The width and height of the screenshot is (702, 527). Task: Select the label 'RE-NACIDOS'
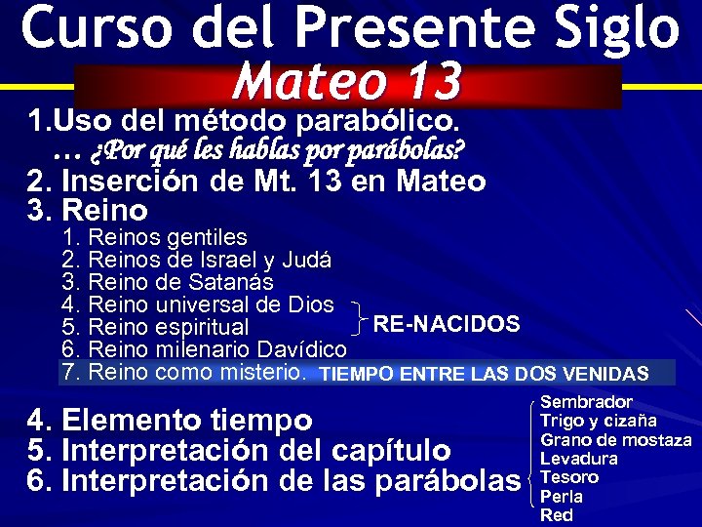tap(447, 323)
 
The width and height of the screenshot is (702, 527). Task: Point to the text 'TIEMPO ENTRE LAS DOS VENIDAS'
tap(485, 374)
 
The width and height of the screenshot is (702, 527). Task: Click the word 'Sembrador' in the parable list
tap(586, 402)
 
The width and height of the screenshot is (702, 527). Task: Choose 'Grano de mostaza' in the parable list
tap(615, 439)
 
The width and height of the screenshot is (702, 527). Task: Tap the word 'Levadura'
tap(579, 458)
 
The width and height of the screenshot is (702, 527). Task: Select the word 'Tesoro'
tap(569, 477)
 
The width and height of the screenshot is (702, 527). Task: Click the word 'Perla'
tap(562, 496)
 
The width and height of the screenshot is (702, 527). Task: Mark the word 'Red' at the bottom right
tap(557, 514)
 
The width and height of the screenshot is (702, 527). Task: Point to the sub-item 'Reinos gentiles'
tap(168, 237)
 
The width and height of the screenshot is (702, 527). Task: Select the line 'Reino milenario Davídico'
tap(216, 349)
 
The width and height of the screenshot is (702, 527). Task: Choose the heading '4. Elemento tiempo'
tap(171, 421)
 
